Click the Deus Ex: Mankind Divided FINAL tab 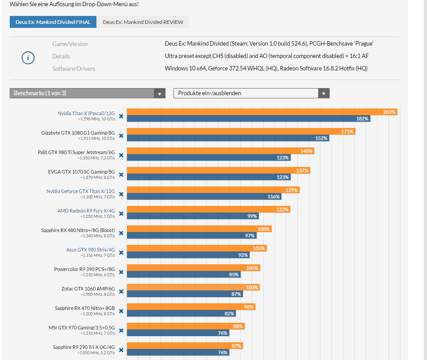[x=53, y=22]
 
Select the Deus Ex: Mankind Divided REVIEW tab [x=143, y=22]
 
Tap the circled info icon [x=28, y=58]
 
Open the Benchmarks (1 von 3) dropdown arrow [x=159, y=93]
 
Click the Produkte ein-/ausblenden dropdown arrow [x=324, y=93]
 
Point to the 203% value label [x=389, y=112]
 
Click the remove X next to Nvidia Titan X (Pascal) [x=121, y=117]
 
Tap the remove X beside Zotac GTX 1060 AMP [x=121, y=292]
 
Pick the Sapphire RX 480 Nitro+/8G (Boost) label [x=78, y=230]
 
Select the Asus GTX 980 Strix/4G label [x=90, y=250]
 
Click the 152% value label [x=321, y=138]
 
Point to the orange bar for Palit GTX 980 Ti [x=212, y=151]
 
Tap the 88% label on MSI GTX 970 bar [x=238, y=326]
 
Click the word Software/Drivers [x=73, y=69]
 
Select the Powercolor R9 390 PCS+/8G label [x=84, y=269]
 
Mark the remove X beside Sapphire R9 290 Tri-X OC [x=121, y=351]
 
